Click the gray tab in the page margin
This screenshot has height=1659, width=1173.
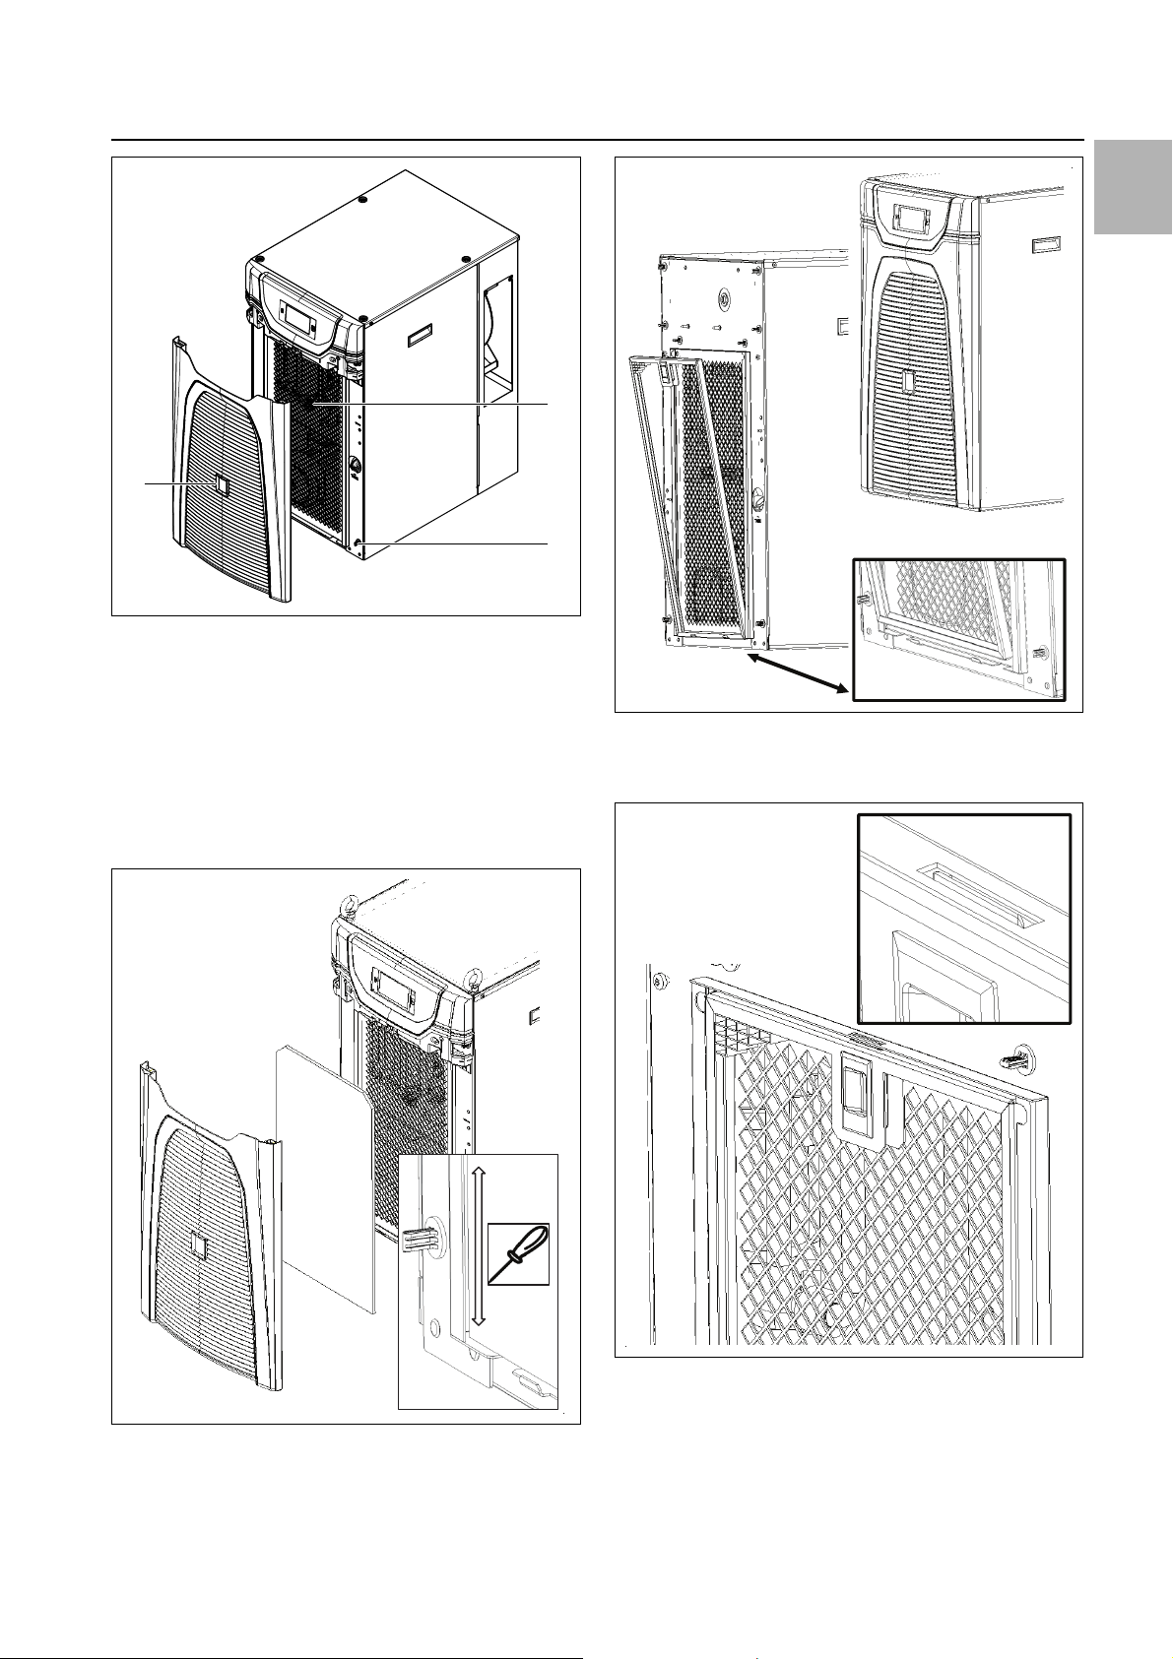[1132, 187]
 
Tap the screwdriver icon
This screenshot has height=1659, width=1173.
[518, 1253]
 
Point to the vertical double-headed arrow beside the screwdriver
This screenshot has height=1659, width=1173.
[478, 1244]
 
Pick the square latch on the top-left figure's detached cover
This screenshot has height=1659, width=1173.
[222, 483]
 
